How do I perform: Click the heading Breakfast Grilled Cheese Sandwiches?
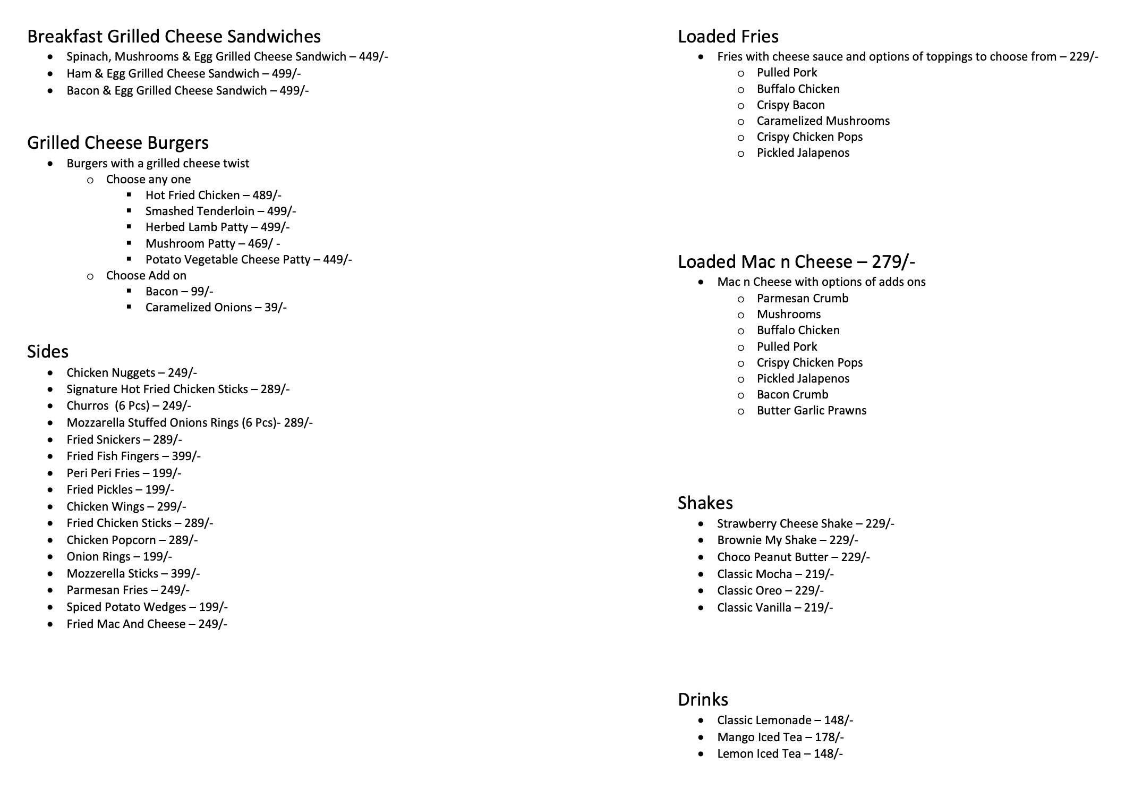(174, 36)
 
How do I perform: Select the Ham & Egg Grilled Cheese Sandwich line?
(183, 73)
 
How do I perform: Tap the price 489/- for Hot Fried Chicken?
(267, 196)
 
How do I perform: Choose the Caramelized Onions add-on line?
(216, 308)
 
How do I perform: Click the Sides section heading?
(48, 351)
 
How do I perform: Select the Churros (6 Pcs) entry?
(129, 406)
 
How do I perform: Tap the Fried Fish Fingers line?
(133, 456)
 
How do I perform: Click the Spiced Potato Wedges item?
(147, 607)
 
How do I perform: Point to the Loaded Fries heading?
(728, 36)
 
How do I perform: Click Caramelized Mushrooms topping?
(823, 121)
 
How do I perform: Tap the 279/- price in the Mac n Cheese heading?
(893, 261)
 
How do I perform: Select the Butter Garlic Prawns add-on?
(811, 411)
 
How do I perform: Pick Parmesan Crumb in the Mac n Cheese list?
(802, 299)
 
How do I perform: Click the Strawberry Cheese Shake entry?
(805, 524)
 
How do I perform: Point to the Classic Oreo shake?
(770, 591)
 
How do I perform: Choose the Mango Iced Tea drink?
(780, 737)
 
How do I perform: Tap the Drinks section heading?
(703, 699)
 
